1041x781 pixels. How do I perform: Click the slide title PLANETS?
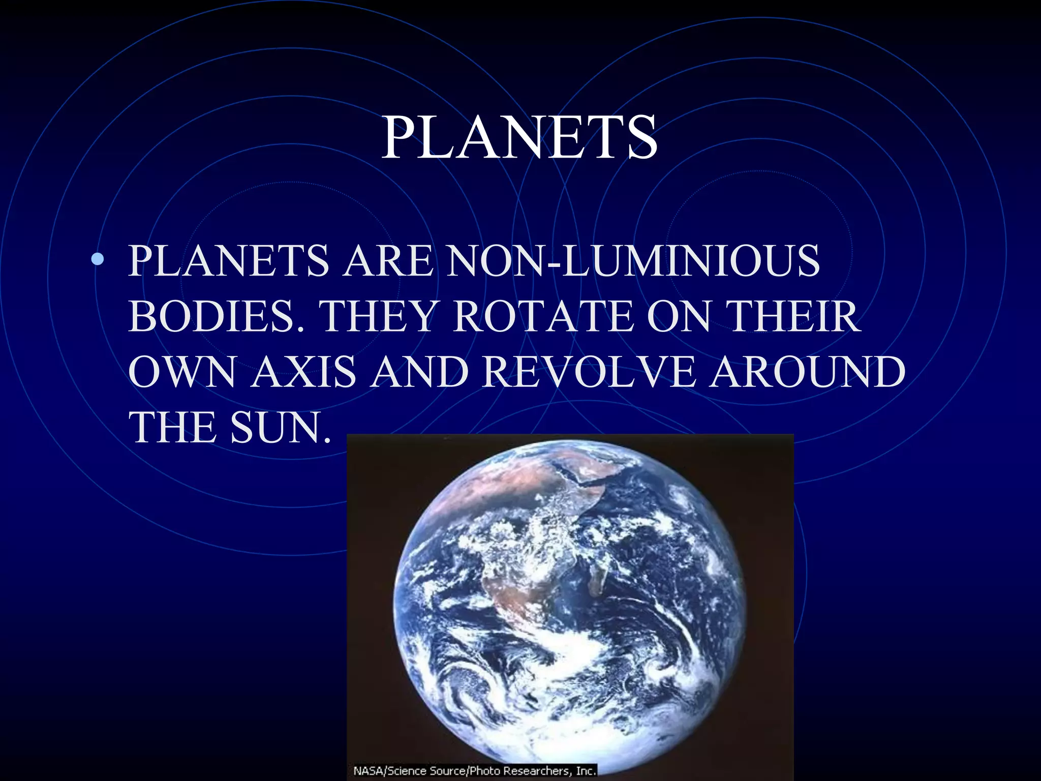(x=519, y=138)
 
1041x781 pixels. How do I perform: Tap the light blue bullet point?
(x=98, y=260)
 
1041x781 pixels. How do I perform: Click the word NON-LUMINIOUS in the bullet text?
(x=633, y=261)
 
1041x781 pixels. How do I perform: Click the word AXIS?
(x=303, y=372)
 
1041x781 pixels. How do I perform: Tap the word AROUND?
(x=807, y=372)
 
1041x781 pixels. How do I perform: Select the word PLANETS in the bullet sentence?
(x=229, y=261)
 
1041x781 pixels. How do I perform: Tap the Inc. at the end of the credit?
(x=585, y=771)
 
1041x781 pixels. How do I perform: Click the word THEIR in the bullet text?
(x=795, y=316)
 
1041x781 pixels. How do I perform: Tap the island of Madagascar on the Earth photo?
(x=596, y=580)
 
